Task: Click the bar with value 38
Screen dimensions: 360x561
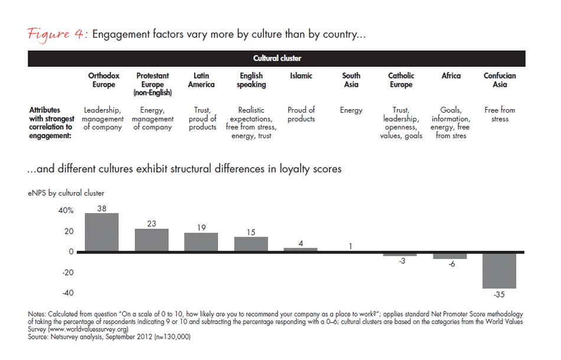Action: pos(102,233)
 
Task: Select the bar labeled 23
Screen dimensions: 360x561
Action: pos(152,240)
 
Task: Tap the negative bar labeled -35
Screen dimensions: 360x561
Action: pos(500,271)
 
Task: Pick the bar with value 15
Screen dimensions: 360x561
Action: pos(251,244)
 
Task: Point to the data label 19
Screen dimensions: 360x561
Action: pos(201,227)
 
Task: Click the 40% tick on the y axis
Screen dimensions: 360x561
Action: pos(66,211)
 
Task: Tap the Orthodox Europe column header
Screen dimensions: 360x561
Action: pos(103,80)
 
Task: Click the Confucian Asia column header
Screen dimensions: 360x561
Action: pos(500,80)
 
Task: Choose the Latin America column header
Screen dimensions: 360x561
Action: pos(201,80)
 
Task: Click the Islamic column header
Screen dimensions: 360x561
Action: pos(301,76)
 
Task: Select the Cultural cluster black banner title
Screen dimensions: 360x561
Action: pos(277,58)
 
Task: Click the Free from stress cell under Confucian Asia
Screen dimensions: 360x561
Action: pos(500,114)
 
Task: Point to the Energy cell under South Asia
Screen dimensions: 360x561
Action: pos(351,110)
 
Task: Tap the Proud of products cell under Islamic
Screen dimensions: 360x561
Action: pos(301,114)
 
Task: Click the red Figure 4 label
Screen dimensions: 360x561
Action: pos(57,35)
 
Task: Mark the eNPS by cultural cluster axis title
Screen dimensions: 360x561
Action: pos(66,193)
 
